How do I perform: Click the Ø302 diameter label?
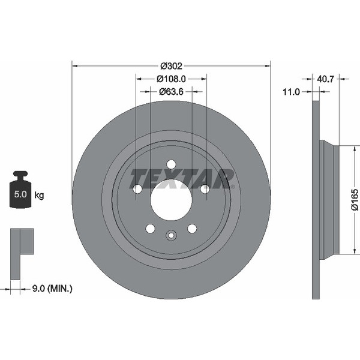(171, 66)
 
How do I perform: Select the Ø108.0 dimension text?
(171, 79)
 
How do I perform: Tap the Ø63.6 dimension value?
(171, 92)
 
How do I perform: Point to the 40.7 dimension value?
(325, 79)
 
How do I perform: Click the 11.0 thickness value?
(291, 92)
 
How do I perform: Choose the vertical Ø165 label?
(355, 200)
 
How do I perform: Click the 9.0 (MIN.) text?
(52, 289)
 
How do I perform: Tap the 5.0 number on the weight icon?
(20, 194)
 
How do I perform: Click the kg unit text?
(39, 196)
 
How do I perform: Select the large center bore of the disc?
(171, 200)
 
